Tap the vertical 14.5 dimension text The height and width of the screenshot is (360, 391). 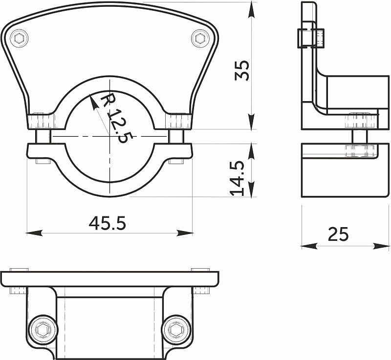pyautogui.click(x=238, y=179)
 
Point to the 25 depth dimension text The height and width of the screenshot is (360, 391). pyautogui.click(x=338, y=234)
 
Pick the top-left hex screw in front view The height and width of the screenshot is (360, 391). pyautogui.click(x=19, y=39)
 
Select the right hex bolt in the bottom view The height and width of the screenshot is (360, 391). pyautogui.click(x=176, y=330)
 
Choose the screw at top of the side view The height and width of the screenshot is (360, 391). pyautogui.click(x=311, y=38)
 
